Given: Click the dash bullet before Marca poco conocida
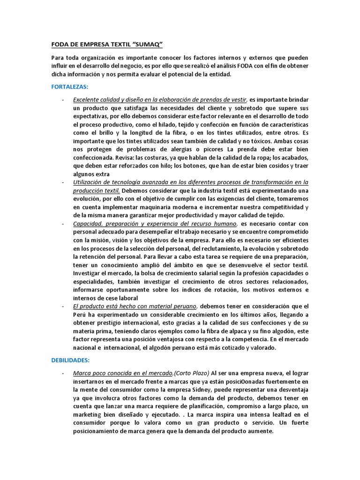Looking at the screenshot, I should (x=63, y=374).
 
